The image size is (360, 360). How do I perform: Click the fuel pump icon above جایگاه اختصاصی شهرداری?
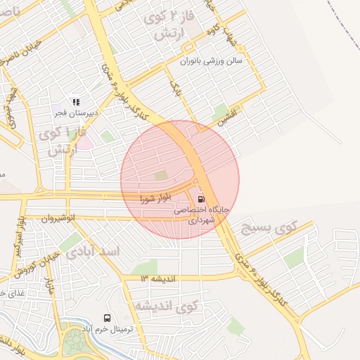[202, 199]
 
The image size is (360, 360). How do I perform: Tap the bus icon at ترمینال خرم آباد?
[107, 318]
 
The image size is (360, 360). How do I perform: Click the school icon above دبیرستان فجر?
[76, 102]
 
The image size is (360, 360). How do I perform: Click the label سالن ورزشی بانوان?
[211, 61]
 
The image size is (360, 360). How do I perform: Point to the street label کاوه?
[211, 33]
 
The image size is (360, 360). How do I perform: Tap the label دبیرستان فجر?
[79, 112]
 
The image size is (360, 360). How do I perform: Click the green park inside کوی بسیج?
[295, 257]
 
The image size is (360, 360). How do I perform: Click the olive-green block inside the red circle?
[162, 175]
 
